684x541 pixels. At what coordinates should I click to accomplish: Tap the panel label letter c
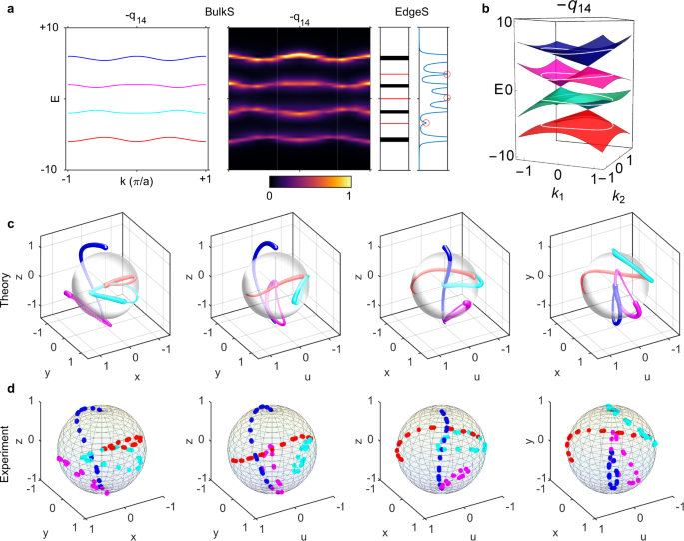click(9, 226)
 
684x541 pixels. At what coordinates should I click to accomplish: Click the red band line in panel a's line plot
click(137, 139)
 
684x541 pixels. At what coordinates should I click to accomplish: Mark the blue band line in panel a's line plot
click(137, 58)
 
